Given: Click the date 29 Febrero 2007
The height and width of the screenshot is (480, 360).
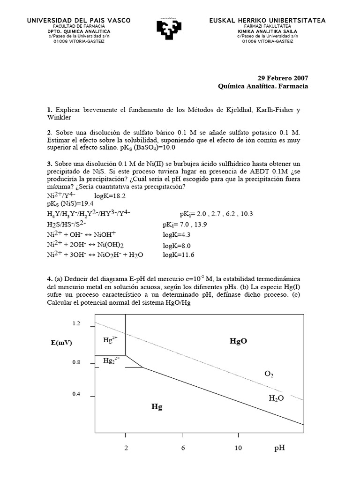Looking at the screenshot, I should [283, 78].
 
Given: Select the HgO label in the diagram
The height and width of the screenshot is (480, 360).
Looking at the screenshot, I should [238, 341].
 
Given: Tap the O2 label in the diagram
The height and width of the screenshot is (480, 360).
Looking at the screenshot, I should [269, 374].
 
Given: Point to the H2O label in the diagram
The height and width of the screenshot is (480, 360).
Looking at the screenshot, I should [276, 398].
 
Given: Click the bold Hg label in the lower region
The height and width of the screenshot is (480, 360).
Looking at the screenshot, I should [157, 407].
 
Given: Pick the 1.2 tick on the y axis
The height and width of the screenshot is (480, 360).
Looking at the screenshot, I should [76, 323].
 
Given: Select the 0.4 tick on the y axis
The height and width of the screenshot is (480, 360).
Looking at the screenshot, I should [76, 394].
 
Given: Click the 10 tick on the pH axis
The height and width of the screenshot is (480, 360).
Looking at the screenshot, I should [238, 448].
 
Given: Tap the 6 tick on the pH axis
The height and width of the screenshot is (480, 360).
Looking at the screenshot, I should [183, 448].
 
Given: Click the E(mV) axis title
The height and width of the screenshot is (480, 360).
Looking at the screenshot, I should [61, 343].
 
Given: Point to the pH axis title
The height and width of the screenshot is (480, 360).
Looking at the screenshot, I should [279, 448].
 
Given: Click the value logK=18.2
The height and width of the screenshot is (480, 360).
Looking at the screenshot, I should [110, 196].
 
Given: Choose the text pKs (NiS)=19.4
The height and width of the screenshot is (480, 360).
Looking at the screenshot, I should [70, 203].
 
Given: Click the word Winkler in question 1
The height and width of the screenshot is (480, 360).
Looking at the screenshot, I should [59, 117].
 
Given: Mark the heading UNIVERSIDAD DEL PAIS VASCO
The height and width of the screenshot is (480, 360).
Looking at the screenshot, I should [79, 21].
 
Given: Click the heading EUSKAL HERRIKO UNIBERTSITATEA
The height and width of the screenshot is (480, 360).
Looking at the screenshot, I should [267, 21].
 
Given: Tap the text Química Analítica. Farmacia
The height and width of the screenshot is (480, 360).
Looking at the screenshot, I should [263, 86].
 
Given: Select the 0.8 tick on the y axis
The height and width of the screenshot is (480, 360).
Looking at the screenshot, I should [76, 363].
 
